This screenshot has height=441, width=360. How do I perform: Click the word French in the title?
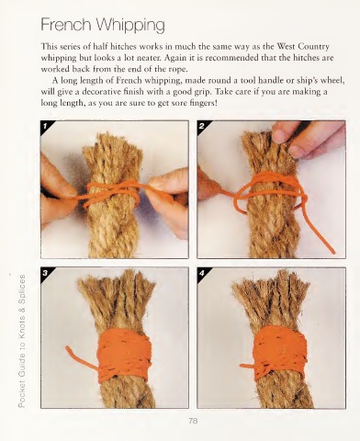point(66,25)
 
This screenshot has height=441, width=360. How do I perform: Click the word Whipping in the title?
point(129,26)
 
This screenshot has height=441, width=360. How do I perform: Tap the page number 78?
point(193,421)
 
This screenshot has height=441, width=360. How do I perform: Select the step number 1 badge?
point(46,126)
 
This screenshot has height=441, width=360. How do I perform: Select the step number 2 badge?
point(202,126)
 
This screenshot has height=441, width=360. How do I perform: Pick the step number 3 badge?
point(46,273)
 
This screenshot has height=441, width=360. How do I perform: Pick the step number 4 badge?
point(202,273)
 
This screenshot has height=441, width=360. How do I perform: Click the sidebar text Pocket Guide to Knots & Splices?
point(22,341)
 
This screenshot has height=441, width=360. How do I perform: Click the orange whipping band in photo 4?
point(280,353)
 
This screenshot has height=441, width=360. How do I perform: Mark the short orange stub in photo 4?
point(247,366)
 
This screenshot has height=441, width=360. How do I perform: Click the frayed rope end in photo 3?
point(117,294)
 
